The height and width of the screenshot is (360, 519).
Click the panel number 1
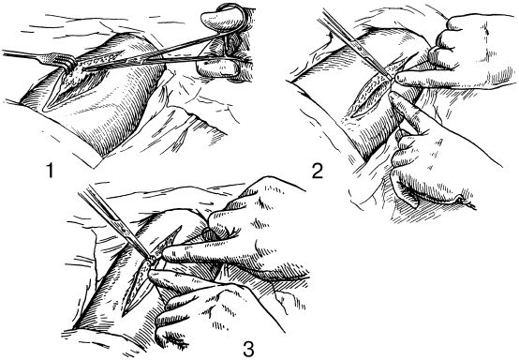[50, 171]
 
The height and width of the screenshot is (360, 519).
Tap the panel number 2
[317, 172]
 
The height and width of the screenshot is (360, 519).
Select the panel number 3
[248, 350]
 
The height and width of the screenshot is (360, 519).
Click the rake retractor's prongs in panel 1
[67, 62]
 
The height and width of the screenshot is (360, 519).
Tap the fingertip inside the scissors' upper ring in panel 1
[215, 19]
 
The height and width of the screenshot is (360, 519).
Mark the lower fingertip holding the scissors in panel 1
[212, 67]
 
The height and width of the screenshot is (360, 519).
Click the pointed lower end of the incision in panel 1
[45, 109]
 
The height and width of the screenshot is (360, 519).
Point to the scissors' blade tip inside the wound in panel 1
[83, 68]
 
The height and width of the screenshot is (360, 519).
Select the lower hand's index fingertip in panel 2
[393, 96]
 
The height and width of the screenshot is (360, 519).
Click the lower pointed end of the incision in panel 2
[352, 116]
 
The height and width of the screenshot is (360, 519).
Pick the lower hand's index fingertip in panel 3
[154, 275]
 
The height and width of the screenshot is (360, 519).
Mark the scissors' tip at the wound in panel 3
[151, 259]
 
